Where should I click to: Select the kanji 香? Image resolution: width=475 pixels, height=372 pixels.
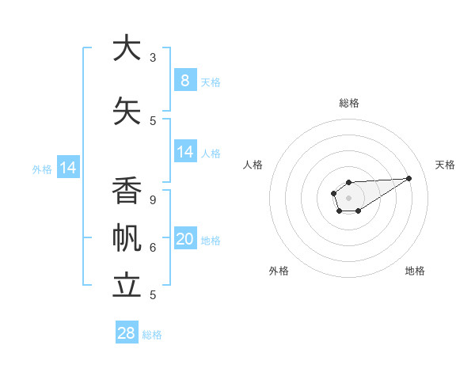click(x=127, y=191)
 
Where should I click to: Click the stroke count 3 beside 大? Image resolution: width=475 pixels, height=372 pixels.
click(x=153, y=57)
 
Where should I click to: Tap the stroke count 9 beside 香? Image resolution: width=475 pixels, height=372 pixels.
click(x=153, y=200)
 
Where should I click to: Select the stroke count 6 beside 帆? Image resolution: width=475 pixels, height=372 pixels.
click(x=153, y=248)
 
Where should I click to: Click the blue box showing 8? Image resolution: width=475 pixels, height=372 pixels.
click(x=184, y=80)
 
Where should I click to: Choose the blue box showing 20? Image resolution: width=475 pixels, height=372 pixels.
click(x=185, y=239)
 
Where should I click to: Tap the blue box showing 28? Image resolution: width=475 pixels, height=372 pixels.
click(x=127, y=333)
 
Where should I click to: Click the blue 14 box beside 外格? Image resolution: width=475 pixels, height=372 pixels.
click(x=68, y=168)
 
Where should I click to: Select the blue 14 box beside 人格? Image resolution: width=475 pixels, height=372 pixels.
click(x=185, y=152)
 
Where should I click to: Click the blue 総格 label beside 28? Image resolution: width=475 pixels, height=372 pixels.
click(x=152, y=335)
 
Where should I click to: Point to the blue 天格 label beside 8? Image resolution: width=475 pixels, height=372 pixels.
click(x=211, y=82)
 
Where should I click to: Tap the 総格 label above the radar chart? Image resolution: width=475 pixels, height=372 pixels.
click(x=348, y=103)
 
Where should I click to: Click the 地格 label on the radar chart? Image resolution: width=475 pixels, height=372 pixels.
click(x=415, y=271)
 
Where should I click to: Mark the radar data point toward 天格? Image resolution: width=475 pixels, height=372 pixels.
click(x=409, y=177)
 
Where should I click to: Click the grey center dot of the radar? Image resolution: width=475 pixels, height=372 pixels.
click(x=348, y=197)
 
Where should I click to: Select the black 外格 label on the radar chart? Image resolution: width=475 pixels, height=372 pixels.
click(x=279, y=271)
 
